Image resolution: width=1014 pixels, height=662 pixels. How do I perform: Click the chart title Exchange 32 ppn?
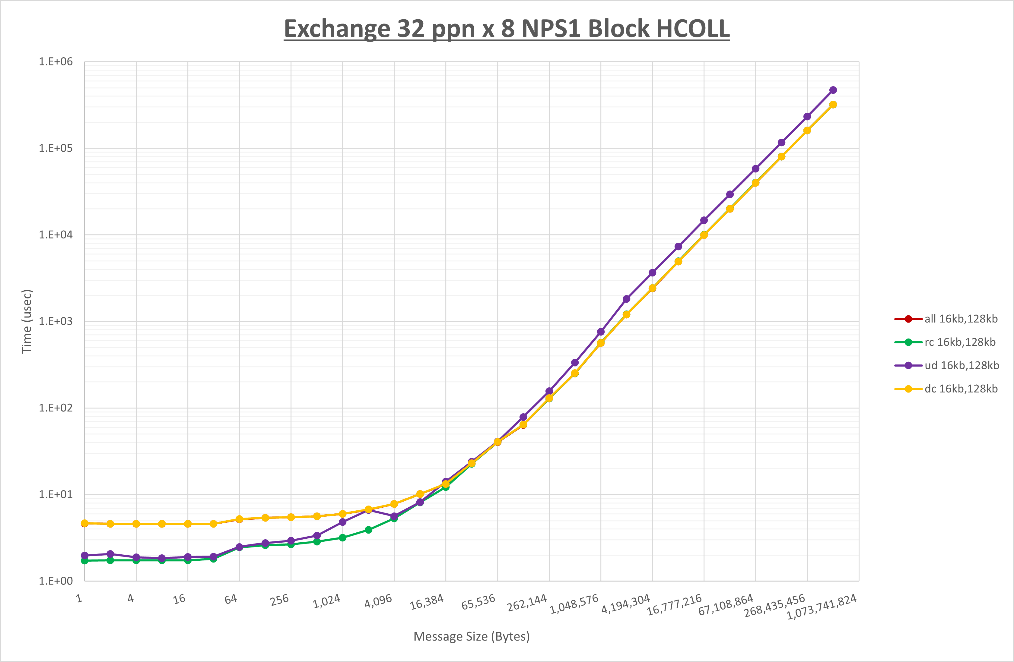(x=507, y=29)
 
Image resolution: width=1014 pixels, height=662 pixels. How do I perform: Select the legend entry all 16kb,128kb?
(x=946, y=319)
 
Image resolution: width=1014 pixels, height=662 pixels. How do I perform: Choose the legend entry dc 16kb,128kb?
(x=946, y=389)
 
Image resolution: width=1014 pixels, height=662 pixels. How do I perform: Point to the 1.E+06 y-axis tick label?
(x=56, y=62)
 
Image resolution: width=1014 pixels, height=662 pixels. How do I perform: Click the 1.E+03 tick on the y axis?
(x=56, y=321)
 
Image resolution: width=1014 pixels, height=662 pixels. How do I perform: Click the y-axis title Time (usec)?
(x=27, y=321)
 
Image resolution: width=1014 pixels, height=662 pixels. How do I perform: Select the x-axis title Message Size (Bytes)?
(x=472, y=636)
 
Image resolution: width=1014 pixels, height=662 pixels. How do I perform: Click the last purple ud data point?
(x=833, y=90)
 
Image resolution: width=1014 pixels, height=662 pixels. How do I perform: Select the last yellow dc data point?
(x=833, y=105)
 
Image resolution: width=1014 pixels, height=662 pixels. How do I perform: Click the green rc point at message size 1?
(x=85, y=561)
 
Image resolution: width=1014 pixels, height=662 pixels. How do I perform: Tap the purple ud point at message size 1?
(x=85, y=556)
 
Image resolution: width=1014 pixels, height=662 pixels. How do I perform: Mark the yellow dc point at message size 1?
(x=85, y=523)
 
